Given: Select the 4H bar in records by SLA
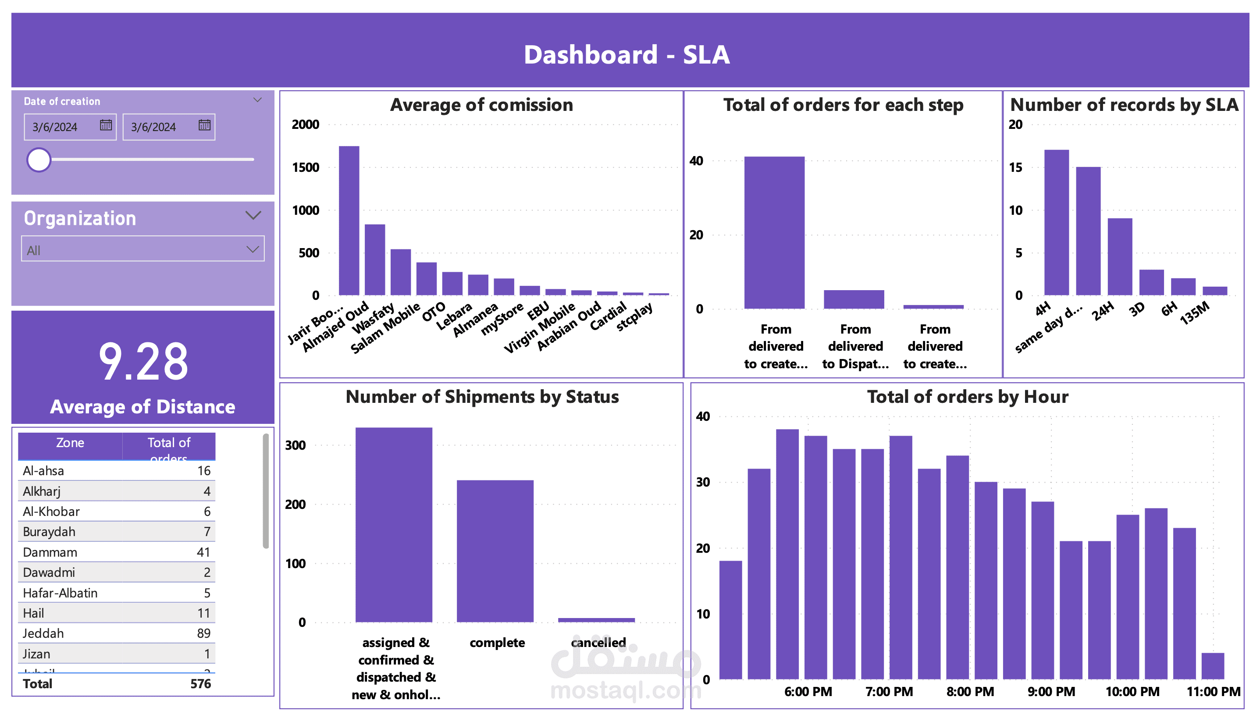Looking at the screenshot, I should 1056,222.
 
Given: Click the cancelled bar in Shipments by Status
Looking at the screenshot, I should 596,619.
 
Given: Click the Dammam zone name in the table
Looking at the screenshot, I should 50,552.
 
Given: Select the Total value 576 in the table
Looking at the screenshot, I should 200,683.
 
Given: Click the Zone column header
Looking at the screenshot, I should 70,443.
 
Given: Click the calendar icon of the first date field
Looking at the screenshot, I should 106,125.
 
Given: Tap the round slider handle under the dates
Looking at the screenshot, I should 39,160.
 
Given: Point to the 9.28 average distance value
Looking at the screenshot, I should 143,362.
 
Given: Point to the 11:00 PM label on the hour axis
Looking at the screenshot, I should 1213,691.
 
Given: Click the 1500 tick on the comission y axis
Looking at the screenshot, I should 305,167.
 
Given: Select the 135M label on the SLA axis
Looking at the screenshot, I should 1194,313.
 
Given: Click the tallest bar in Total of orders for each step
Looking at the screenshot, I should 774,232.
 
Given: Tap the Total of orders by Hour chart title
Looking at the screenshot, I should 967,397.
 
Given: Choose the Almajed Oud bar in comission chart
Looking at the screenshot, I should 374,259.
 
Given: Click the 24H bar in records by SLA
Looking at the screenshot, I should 1119,256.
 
